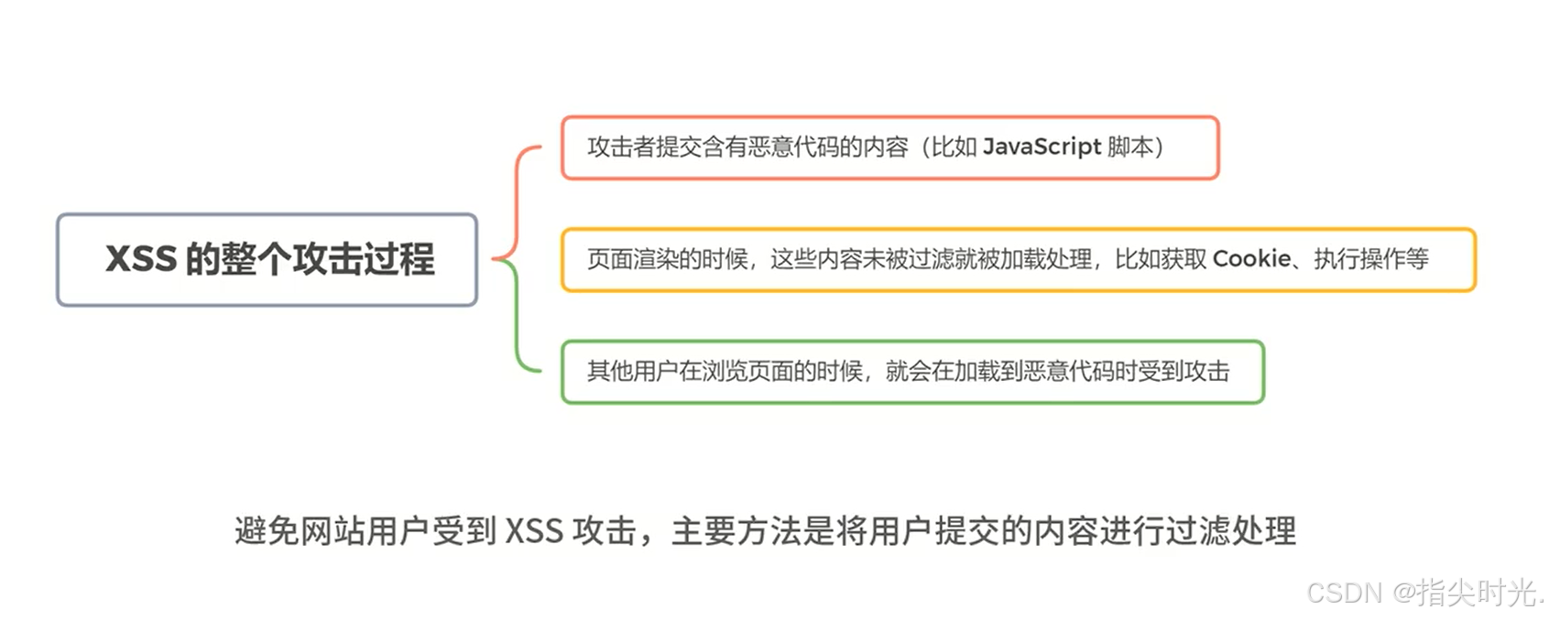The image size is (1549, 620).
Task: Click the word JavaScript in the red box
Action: (1042, 147)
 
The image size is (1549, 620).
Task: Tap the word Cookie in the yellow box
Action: (1251, 259)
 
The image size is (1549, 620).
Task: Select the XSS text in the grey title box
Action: (141, 259)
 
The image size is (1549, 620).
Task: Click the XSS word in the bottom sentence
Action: (534, 531)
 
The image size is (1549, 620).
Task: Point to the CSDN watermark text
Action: (1344, 593)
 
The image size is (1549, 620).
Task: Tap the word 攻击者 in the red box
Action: (621, 147)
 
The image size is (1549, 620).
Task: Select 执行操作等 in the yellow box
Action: (1371, 260)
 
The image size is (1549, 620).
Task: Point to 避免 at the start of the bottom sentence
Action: (267, 531)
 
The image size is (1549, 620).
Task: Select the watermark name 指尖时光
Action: (1475, 593)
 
